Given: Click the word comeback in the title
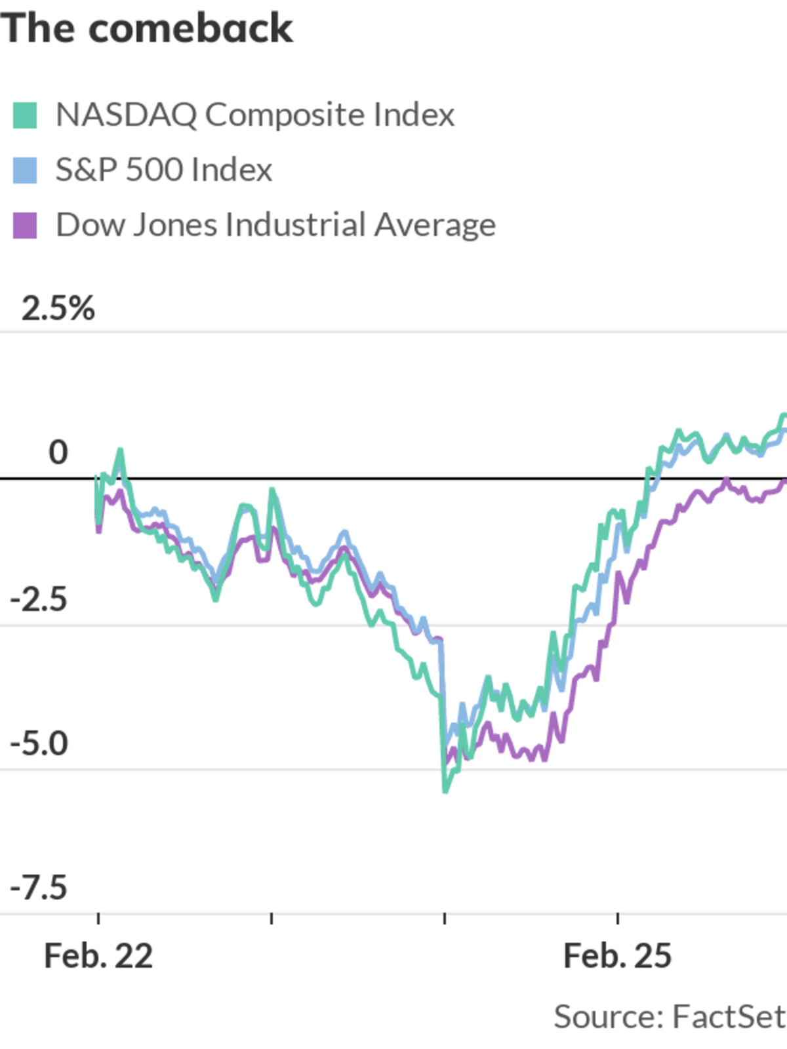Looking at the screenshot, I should click(191, 29).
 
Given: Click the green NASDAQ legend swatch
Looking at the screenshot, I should click(25, 115).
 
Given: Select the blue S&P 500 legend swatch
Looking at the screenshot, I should click(25, 170).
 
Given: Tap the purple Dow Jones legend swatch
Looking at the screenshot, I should click(25, 226).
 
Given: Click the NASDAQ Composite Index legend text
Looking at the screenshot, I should click(254, 115).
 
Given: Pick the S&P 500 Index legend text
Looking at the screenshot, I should click(163, 170).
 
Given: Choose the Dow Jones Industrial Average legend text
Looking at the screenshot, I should click(275, 226).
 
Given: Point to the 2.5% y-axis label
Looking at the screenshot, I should click(58, 308).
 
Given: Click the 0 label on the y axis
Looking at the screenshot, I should click(58, 452).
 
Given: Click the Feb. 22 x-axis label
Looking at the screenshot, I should click(98, 956).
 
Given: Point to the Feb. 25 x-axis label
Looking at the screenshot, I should click(617, 956).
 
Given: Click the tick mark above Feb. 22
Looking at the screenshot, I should click(98, 918).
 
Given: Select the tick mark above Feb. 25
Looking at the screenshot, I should click(618, 918).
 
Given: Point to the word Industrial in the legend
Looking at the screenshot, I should click(295, 226).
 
